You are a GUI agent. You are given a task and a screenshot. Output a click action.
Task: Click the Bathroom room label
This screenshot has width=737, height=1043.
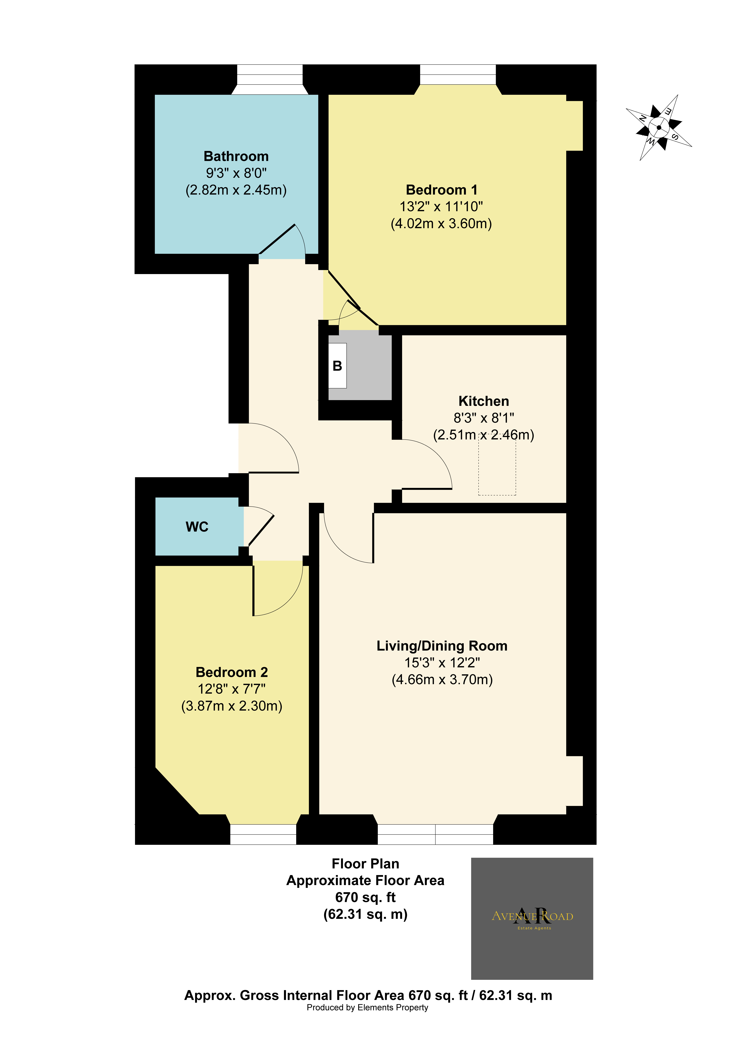[236, 156]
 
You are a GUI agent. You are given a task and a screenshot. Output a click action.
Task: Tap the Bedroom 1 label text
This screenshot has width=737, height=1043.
[441, 190]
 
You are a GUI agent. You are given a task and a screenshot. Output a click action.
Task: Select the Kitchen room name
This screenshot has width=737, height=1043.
[483, 401]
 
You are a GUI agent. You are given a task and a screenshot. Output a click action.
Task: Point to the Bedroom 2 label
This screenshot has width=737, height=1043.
[232, 672]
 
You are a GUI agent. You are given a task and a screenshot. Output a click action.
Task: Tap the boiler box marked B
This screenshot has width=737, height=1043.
[337, 366]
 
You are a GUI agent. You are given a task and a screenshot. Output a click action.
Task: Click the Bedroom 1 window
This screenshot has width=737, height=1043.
[458, 75]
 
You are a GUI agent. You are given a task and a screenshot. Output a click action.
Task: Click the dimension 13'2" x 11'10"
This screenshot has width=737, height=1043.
[441, 207]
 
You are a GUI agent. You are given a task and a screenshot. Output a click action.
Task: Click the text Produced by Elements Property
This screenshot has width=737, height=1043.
[367, 1008]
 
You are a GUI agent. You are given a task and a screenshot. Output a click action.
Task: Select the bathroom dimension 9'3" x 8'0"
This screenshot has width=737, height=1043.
[236, 173]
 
